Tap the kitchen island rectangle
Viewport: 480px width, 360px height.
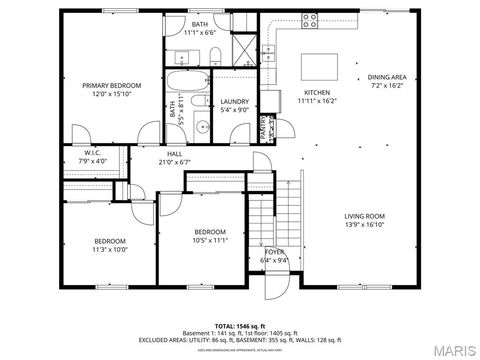320,65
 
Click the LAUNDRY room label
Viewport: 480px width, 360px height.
234,101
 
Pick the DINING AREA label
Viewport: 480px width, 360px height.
386,77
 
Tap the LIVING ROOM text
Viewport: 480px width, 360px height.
365,216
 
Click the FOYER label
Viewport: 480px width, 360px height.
274,251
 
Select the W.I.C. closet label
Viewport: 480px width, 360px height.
90,152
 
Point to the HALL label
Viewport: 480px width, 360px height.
174,153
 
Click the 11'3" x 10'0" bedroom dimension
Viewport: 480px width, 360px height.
110,250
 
